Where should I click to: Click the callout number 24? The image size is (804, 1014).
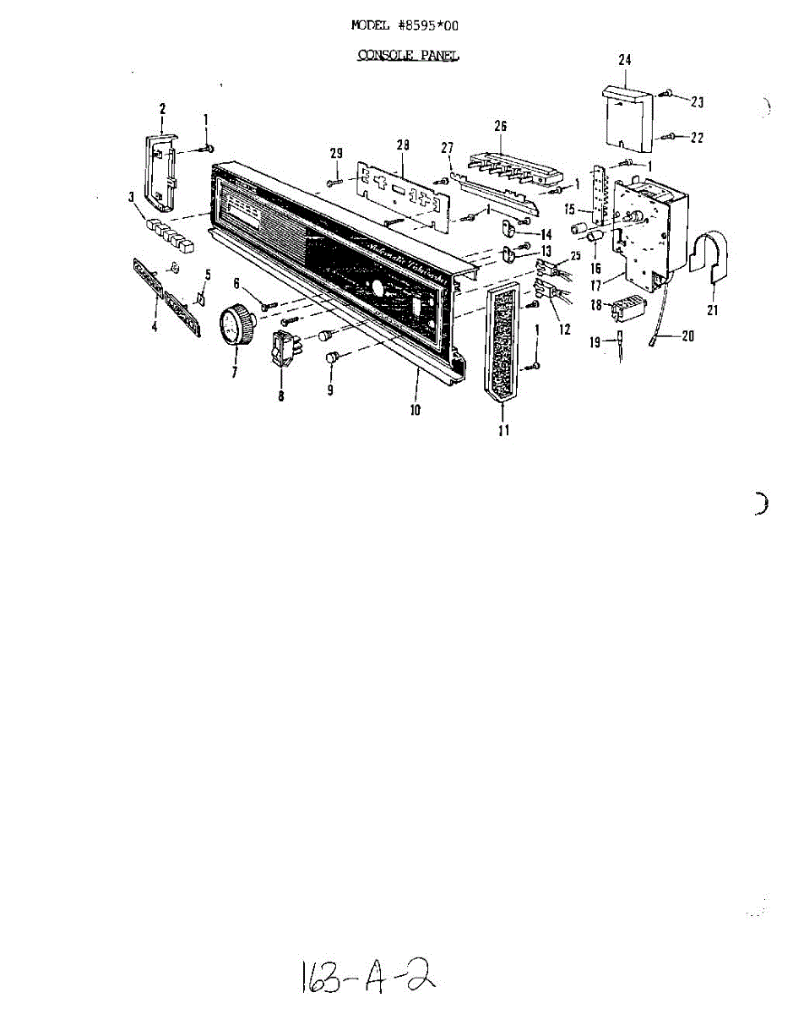[625, 61]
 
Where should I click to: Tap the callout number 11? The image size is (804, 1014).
[504, 431]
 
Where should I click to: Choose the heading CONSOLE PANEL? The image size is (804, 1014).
[409, 56]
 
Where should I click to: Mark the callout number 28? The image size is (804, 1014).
[403, 146]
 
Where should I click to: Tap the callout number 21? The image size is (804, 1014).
[713, 310]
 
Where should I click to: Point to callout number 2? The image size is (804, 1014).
[162, 108]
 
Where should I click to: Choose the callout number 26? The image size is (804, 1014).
[500, 126]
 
